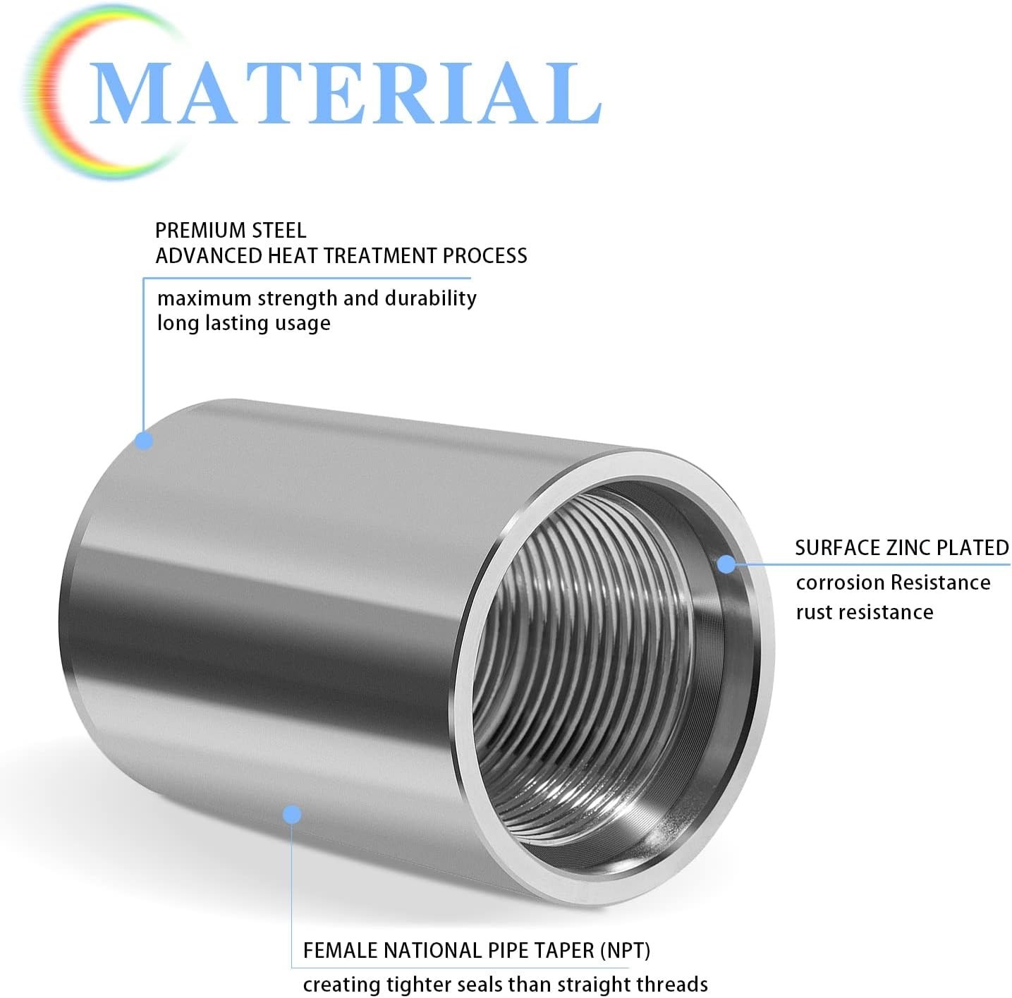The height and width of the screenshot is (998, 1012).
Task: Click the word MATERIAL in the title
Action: point(346,93)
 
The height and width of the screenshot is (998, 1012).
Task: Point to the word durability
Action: point(431,298)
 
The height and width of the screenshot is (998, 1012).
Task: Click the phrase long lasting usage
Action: point(244,322)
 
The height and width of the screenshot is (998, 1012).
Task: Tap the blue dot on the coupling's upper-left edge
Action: point(144,440)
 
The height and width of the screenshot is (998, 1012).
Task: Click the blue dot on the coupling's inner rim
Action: point(726,564)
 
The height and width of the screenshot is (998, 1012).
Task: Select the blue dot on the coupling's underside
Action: point(292,815)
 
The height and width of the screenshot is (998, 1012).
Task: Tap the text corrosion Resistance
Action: point(893,583)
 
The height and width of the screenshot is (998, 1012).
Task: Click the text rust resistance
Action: point(865,612)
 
